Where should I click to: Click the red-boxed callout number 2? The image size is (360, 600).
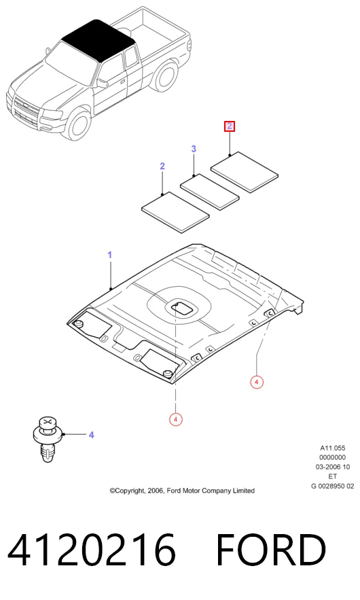pyautogui.click(x=229, y=126)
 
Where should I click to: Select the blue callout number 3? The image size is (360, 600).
pyautogui.click(x=194, y=148)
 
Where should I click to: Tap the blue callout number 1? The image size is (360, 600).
pyautogui.click(x=110, y=255)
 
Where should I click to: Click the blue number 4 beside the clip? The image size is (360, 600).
pyautogui.click(x=92, y=435)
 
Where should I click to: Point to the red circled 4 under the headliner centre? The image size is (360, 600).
pyautogui.click(x=175, y=419)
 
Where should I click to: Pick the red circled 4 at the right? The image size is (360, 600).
pyautogui.click(x=257, y=382)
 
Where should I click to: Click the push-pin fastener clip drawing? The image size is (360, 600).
pyautogui.click(x=47, y=438)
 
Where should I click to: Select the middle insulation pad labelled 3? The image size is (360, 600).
pyautogui.click(x=210, y=192)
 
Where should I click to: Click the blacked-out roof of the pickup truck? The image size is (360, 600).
pyautogui.click(x=98, y=39)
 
